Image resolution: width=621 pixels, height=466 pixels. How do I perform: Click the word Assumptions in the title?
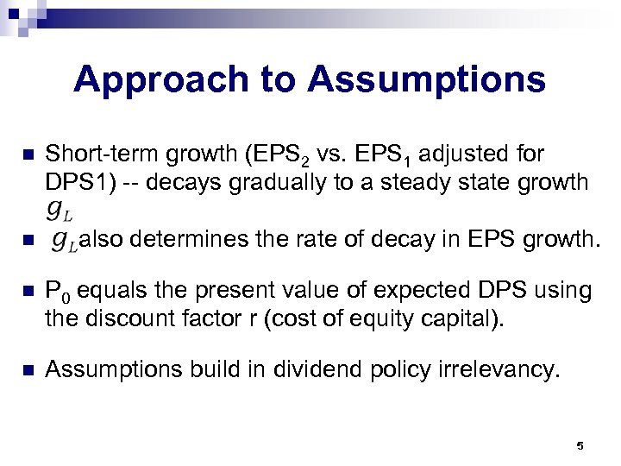click(x=426, y=80)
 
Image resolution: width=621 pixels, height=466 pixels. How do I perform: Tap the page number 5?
click(x=580, y=446)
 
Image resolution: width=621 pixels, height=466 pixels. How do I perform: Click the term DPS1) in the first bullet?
click(x=78, y=182)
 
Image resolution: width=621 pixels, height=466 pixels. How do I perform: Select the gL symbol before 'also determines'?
click(x=64, y=240)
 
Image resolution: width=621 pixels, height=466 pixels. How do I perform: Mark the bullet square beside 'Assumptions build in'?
click(x=26, y=370)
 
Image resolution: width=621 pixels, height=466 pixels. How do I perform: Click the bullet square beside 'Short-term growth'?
click(x=26, y=155)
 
